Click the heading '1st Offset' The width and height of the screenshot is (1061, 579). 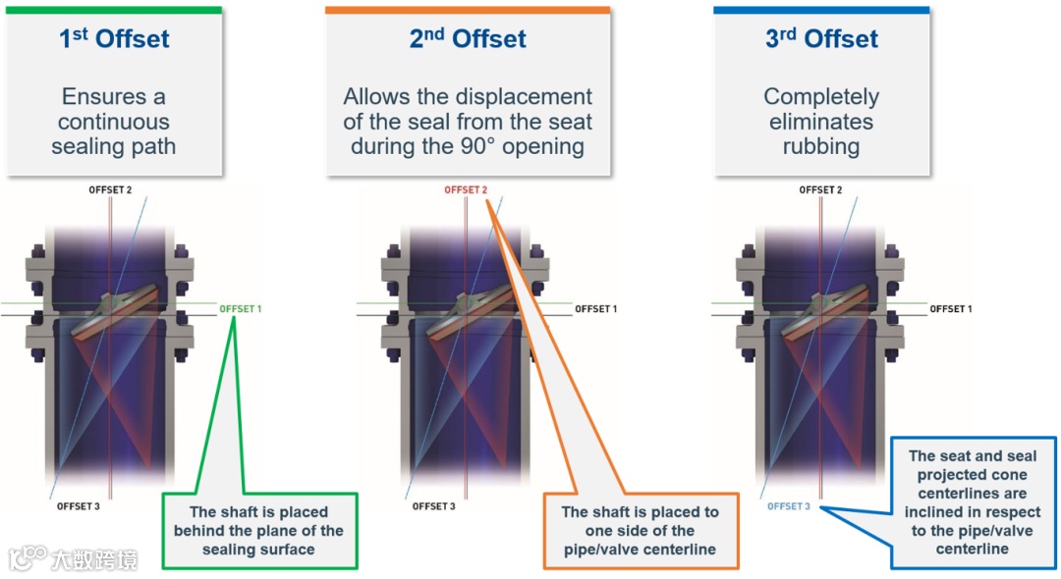pos(113,39)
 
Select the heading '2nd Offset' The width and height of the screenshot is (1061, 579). pos(468,39)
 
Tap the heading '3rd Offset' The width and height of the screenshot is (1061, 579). pos(821,39)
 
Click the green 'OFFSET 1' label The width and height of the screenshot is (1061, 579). pos(241,309)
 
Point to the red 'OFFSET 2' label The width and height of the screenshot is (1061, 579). pos(466,190)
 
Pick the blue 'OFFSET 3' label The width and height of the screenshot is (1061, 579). pos(789,506)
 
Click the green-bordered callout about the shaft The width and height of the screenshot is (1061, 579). pos(258,531)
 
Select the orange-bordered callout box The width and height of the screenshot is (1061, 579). pos(640,531)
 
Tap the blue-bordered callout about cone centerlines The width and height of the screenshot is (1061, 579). pos(972,501)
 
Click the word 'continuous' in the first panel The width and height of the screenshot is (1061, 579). pos(113,122)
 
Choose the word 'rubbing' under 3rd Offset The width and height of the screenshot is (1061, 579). pos(821,147)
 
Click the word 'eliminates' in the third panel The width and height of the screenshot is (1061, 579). pos(821,122)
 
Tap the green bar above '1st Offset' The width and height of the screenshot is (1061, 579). pos(113,10)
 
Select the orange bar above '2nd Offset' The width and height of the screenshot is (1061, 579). pos(468,10)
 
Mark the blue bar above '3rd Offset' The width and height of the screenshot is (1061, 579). pos(821,10)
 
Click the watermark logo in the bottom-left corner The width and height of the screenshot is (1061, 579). pos(28,558)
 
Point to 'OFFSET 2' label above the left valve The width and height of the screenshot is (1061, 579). pos(110,190)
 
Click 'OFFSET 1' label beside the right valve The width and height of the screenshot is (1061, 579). pos(951,309)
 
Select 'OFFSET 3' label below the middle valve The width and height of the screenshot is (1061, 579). pos(433,506)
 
